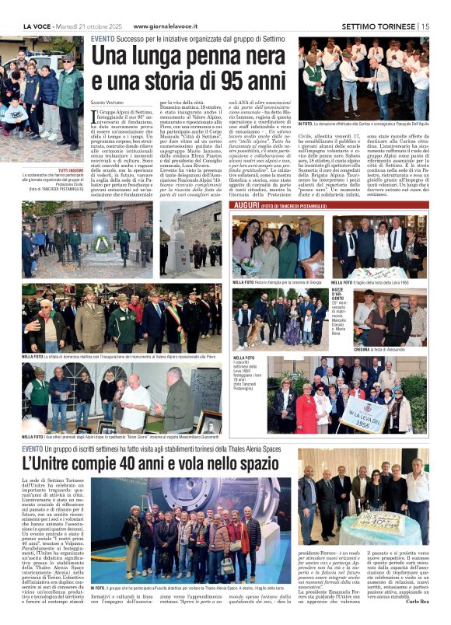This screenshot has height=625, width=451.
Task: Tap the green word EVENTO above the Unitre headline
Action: click(x=33, y=448)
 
